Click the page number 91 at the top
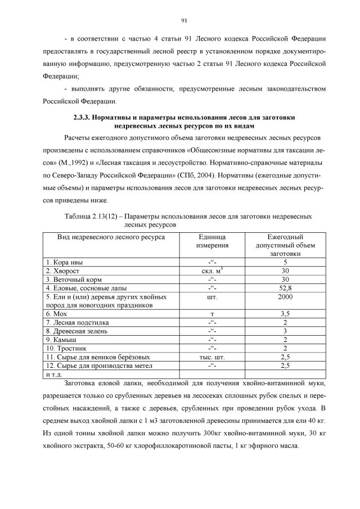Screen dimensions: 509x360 [184, 21]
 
